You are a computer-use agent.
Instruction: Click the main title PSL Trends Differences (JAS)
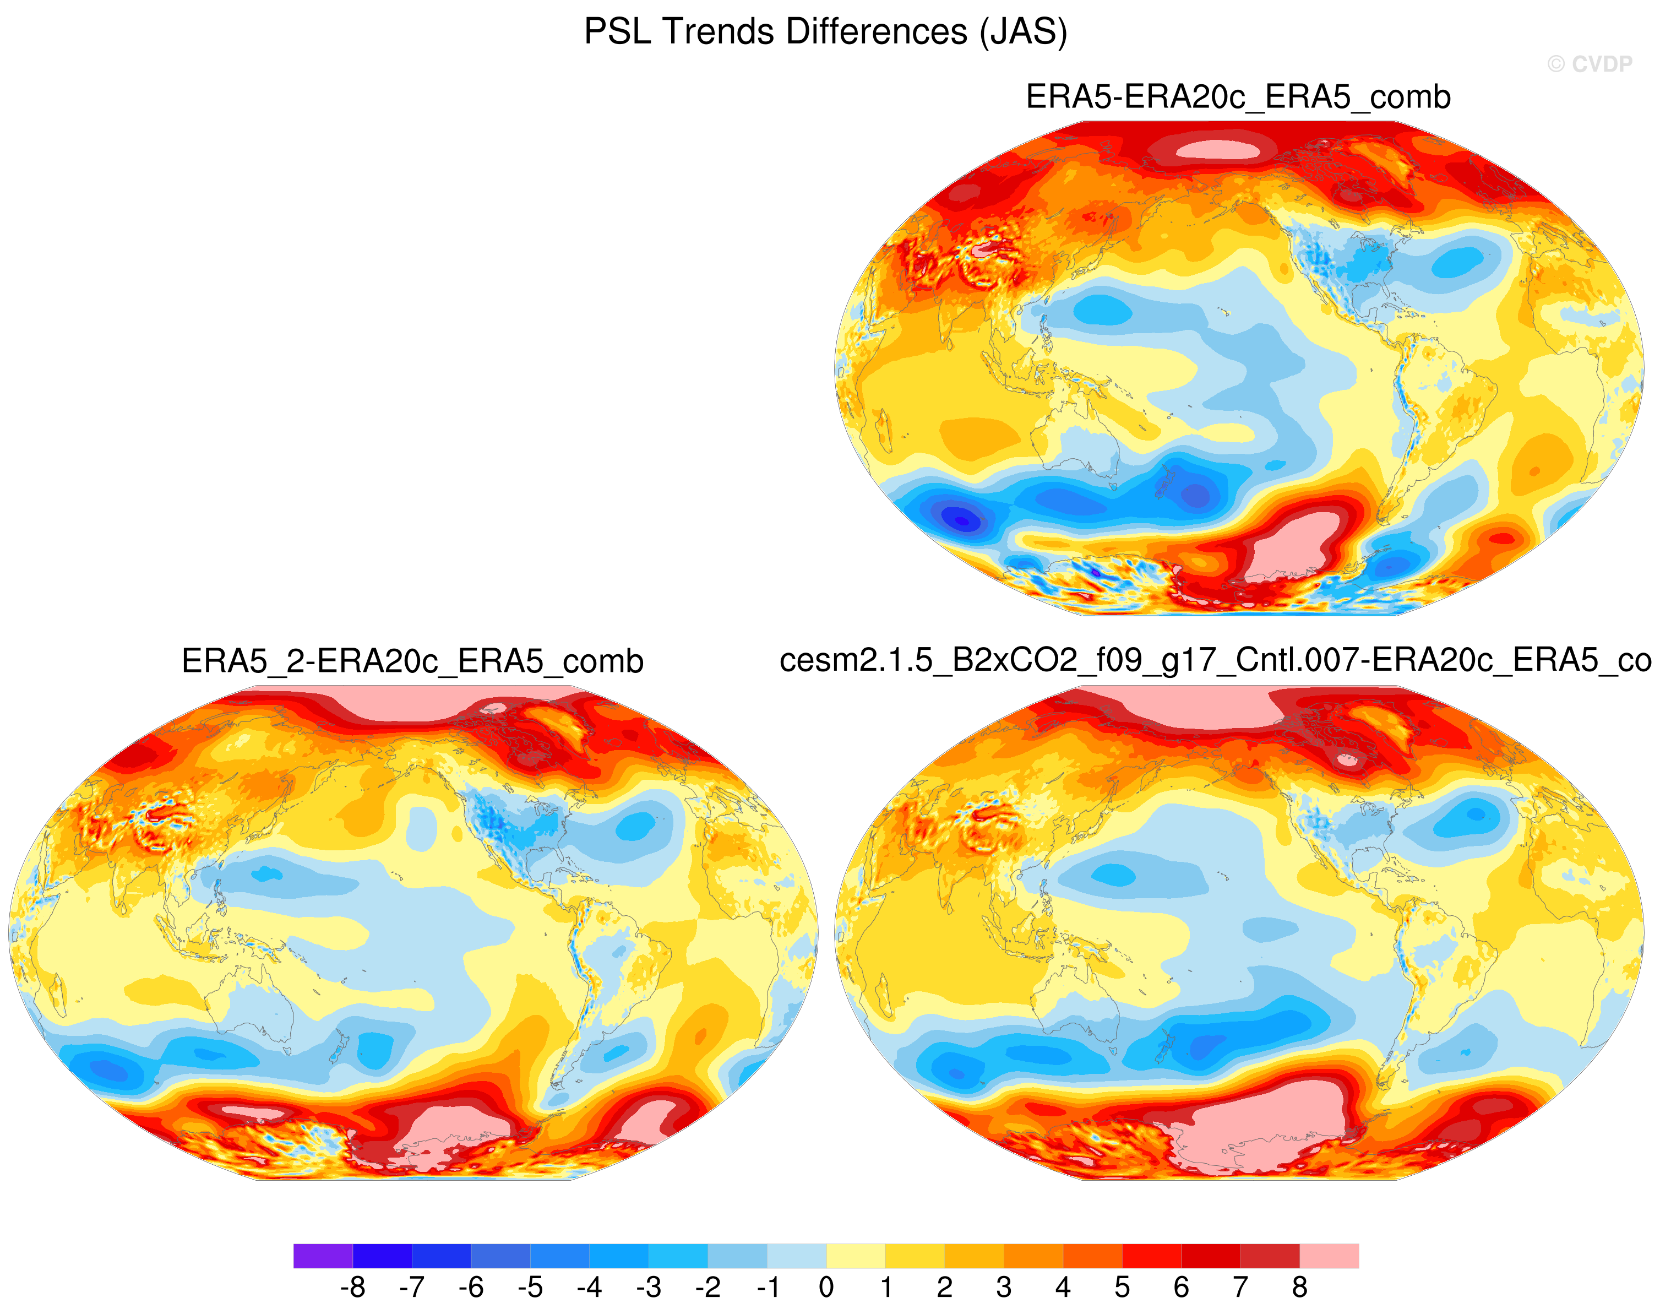click(x=825, y=32)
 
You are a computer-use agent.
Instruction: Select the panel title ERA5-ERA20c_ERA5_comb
click(x=1238, y=97)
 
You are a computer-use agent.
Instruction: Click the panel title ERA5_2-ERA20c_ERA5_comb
click(x=412, y=661)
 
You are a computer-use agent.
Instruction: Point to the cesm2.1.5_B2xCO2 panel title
click(x=1215, y=661)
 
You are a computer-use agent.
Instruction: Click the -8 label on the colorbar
click(x=352, y=1286)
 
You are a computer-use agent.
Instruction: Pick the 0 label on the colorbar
click(x=826, y=1286)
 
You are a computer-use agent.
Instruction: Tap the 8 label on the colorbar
click(x=1299, y=1286)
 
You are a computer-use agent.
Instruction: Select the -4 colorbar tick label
click(x=589, y=1286)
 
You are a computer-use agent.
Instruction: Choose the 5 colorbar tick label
click(x=1122, y=1286)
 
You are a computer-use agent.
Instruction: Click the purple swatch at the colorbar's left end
click(x=323, y=1256)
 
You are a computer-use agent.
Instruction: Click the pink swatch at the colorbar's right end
click(x=1329, y=1256)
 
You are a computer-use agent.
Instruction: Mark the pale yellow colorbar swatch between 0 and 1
click(x=856, y=1256)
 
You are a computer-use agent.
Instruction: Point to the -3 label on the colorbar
click(x=649, y=1286)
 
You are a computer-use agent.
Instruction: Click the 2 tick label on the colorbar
click(x=945, y=1286)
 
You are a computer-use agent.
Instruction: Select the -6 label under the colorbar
click(x=471, y=1286)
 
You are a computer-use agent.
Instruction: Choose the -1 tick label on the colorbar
click(x=767, y=1286)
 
